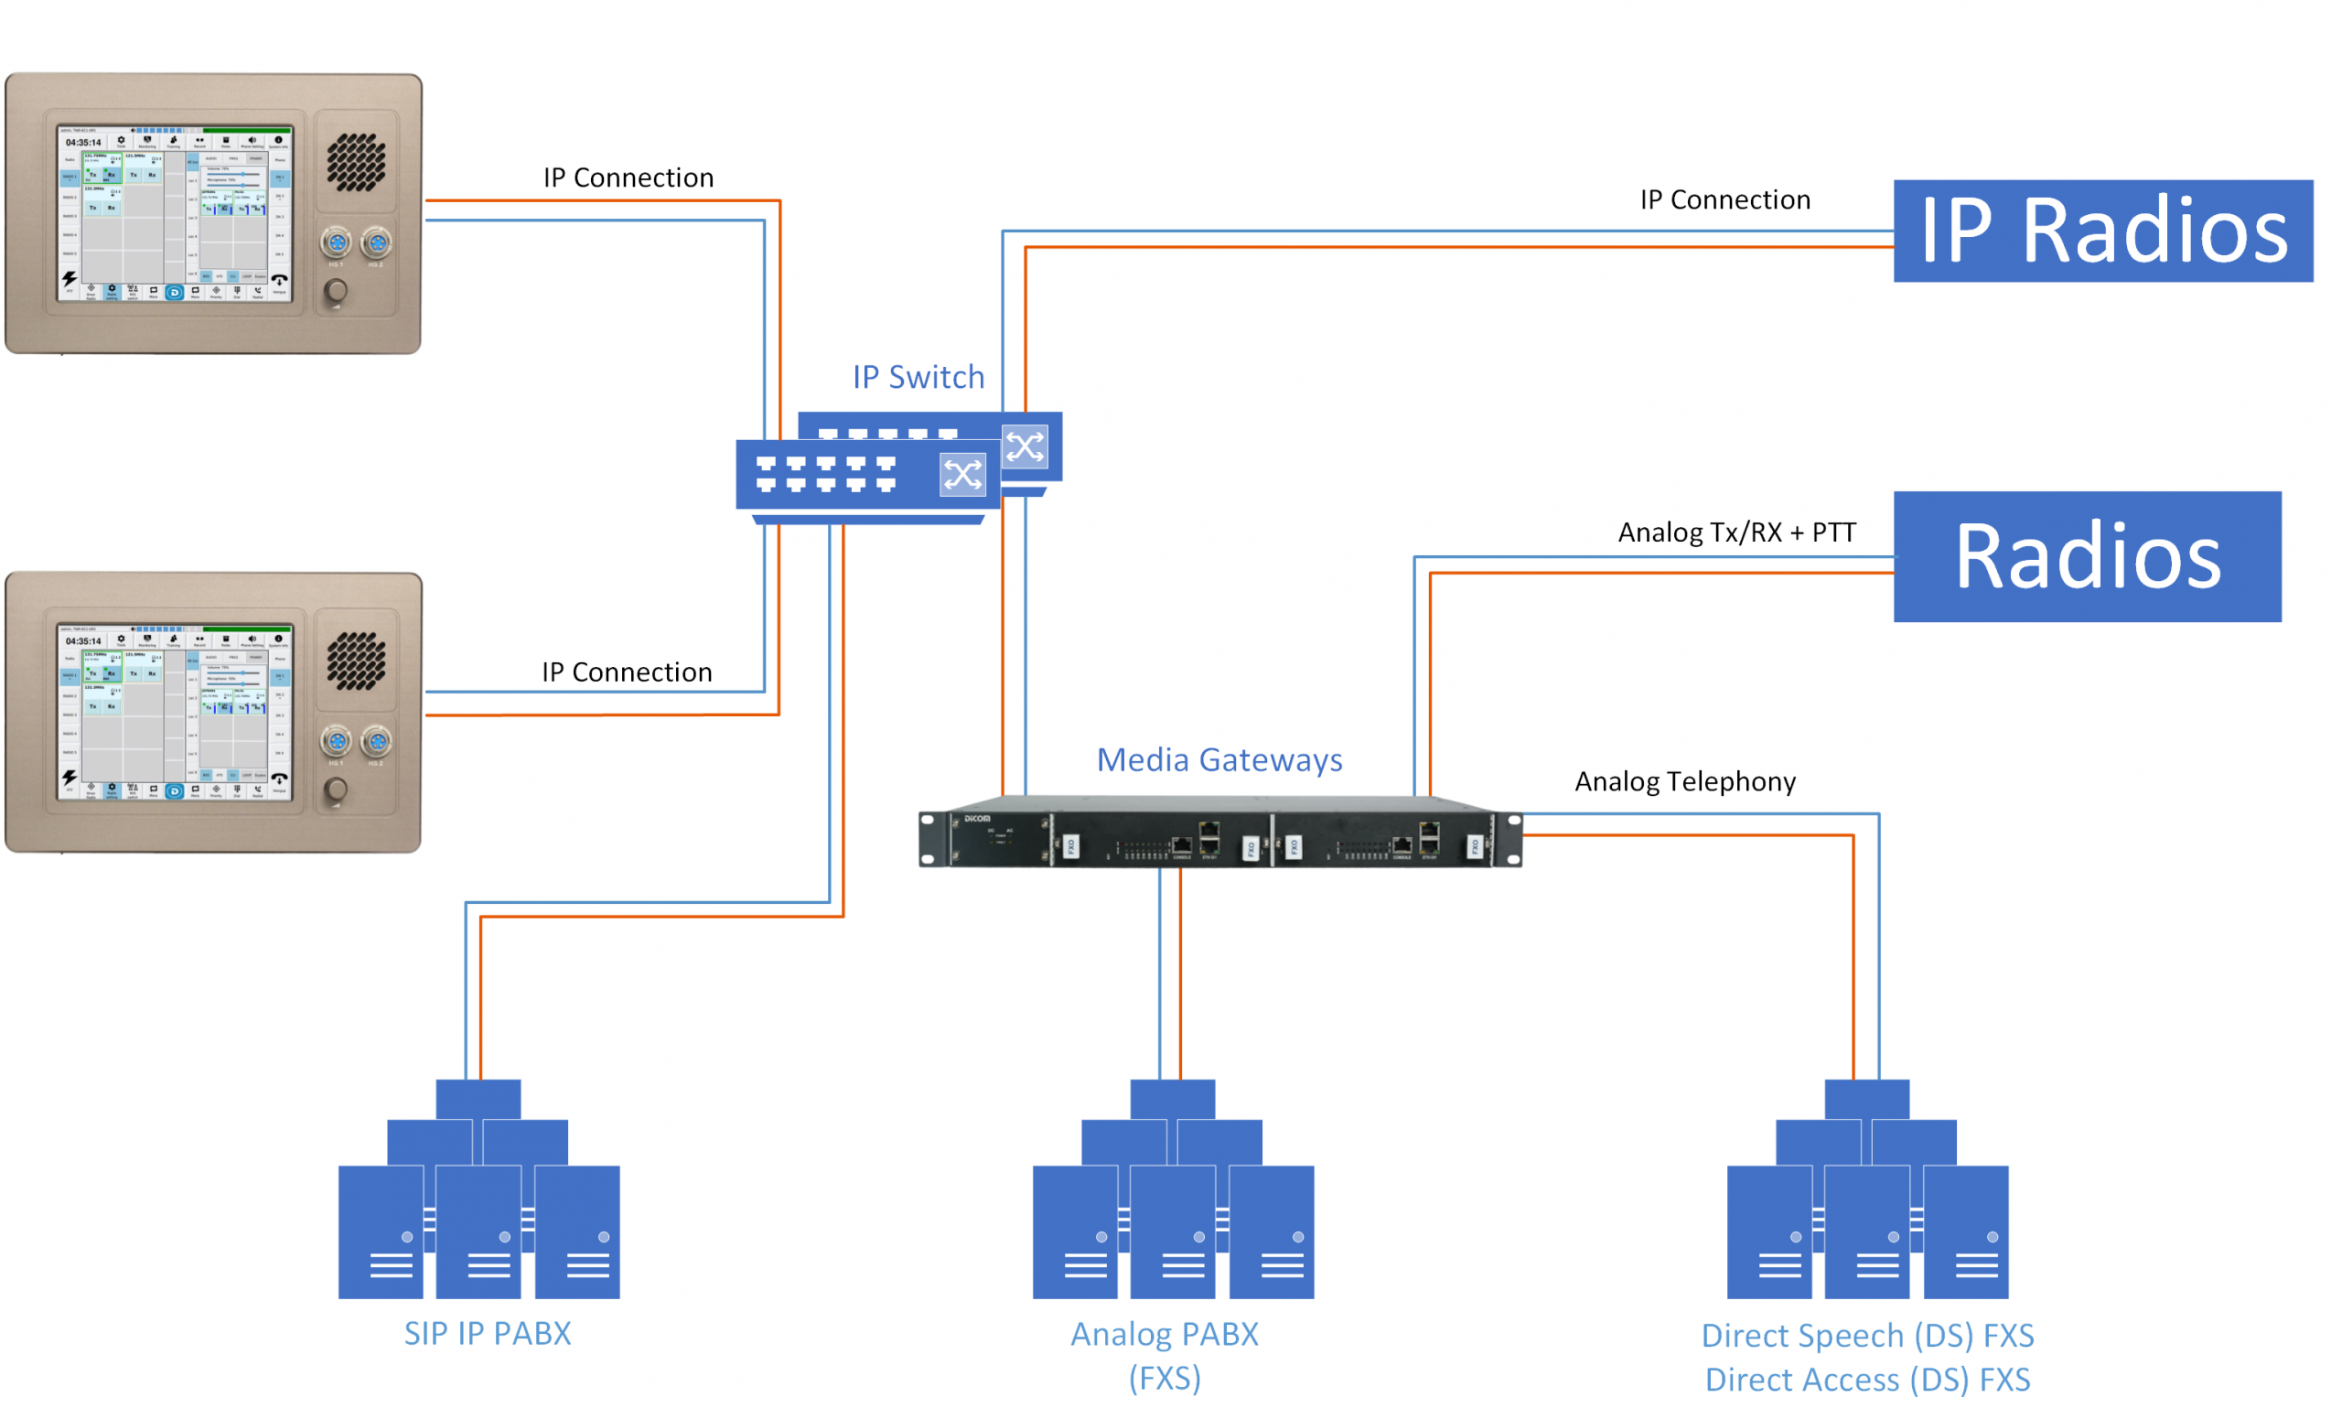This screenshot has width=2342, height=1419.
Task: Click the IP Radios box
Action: (2101, 231)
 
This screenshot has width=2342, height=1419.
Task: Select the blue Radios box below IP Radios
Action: (2087, 557)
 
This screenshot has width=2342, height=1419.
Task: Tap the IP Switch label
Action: (919, 377)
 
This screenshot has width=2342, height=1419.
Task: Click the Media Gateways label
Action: (1219, 760)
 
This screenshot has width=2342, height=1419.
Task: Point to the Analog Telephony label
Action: (1684, 781)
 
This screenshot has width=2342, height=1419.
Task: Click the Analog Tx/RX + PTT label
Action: (1736, 532)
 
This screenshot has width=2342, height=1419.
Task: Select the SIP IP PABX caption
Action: (488, 1334)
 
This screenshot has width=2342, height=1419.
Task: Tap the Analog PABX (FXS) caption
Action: (1165, 1355)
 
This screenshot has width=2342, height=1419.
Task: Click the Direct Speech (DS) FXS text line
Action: (1867, 1336)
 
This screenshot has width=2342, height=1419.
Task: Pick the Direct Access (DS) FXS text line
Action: (1867, 1379)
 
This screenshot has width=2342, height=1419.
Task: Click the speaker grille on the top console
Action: (357, 162)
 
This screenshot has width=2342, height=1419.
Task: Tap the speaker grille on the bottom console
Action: (357, 661)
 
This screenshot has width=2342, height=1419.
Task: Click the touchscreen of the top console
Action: (175, 214)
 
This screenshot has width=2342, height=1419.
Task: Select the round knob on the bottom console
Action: (336, 789)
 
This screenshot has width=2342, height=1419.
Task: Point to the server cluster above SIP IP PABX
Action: (479, 1190)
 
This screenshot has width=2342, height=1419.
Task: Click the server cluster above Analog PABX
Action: (1173, 1190)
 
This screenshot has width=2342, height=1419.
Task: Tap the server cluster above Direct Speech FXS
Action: (1867, 1190)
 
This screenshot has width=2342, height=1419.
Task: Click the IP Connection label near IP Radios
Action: (1724, 199)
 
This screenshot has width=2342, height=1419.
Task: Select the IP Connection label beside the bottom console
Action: (627, 672)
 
